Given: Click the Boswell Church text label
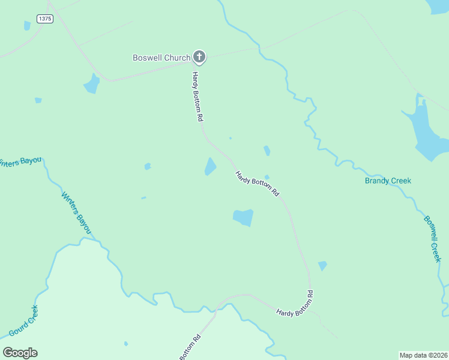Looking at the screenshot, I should [161, 58].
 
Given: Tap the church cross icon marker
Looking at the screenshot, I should [200, 58].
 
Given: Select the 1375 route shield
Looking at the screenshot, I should [44, 19].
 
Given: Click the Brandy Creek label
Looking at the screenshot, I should [388, 181].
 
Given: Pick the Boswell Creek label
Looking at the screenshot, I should [432, 238].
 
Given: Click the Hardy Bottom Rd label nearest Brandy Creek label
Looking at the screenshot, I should [258, 184].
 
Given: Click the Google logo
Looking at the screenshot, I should [20, 353].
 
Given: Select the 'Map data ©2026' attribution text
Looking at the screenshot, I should [423, 355].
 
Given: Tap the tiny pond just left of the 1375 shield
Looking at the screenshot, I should [27, 25].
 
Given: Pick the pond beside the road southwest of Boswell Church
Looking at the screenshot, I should [92, 84].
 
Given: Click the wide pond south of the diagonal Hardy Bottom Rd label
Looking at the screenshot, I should [243, 217].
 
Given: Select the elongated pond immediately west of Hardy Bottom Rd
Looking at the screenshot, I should [210, 166].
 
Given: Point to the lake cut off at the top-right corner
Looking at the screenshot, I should [438, 5].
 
